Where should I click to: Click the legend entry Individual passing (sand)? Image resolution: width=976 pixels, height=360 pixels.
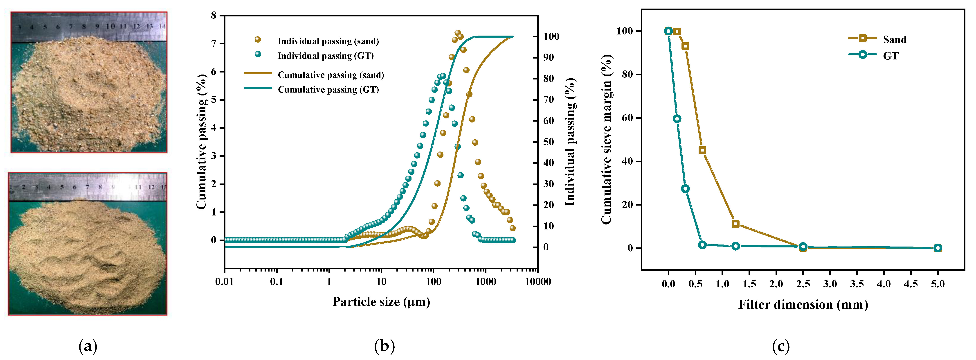click(328, 41)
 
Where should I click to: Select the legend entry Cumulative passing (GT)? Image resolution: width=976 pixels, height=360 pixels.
click(328, 89)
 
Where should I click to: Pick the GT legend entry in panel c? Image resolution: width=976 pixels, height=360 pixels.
click(890, 56)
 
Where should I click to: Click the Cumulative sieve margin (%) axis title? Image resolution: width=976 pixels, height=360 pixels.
click(606, 139)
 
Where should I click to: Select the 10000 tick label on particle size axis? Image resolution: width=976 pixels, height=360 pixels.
click(538, 282)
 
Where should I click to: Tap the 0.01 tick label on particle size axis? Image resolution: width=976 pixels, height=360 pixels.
click(225, 282)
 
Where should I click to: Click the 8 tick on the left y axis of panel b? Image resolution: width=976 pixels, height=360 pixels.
click(214, 16)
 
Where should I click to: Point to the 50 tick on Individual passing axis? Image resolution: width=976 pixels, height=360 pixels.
click(548, 142)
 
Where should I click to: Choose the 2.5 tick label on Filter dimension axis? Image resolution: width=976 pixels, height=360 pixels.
click(803, 284)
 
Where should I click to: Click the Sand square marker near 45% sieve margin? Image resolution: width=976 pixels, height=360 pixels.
click(702, 150)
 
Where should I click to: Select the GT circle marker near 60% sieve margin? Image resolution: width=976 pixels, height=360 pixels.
click(677, 119)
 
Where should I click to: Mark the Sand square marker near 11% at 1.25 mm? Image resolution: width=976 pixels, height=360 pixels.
click(735, 224)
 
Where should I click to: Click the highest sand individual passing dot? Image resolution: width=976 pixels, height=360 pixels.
click(457, 33)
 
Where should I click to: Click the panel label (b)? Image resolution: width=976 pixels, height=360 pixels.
click(384, 346)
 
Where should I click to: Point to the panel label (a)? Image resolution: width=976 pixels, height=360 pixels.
click(88, 346)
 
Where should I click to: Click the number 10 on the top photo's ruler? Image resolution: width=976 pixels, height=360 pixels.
click(110, 26)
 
